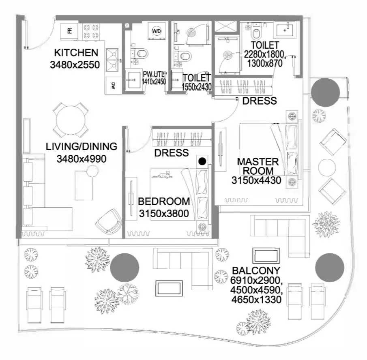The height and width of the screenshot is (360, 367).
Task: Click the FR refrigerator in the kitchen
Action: click(69, 31)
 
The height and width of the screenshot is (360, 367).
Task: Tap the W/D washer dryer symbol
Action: click(157, 31)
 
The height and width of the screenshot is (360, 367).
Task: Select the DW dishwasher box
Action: click(113, 86)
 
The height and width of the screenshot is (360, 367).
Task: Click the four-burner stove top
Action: click(91, 32)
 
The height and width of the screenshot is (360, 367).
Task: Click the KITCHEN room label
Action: click(76, 53)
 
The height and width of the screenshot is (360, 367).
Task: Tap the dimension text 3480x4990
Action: click(82, 159)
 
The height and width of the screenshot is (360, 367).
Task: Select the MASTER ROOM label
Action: click(258, 166)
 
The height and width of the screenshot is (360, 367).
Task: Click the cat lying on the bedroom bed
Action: click(162, 175)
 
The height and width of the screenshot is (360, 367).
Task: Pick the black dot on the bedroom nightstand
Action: click(202, 161)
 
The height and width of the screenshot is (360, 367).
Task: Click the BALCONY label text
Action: click(256, 271)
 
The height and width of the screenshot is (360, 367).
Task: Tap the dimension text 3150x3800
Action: click(164, 213)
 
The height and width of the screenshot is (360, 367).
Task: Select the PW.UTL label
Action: click(154, 74)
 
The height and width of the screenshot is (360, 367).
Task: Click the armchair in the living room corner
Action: click(109, 221)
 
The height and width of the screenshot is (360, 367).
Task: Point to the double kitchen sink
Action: click(113, 60)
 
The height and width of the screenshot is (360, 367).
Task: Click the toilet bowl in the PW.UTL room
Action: click(142, 54)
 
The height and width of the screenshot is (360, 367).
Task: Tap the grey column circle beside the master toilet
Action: click(325, 92)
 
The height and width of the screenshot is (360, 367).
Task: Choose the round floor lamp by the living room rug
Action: click(92, 171)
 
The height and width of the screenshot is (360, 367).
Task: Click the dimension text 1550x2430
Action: click(197, 87)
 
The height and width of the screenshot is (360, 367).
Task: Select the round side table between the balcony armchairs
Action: click(327, 167)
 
